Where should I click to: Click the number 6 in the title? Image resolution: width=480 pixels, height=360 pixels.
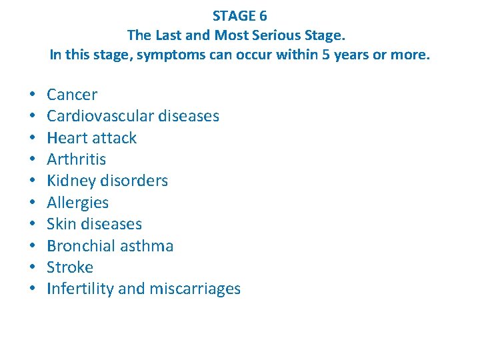pyautogui.click(x=263, y=16)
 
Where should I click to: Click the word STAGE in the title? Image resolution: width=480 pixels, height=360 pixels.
pyautogui.click(x=234, y=16)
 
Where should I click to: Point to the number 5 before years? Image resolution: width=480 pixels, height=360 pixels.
pyautogui.click(x=326, y=55)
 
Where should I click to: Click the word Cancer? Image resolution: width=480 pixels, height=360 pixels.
pyautogui.click(x=72, y=95)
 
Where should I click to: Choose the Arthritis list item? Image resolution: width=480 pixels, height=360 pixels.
pyautogui.click(x=77, y=159)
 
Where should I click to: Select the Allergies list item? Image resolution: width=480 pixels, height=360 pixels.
pyautogui.click(x=77, y=203)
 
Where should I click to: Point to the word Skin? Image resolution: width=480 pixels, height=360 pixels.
pyautogui.click(x=61, y=224)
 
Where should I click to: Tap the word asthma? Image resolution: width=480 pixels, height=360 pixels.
pyautogui.click(x=147, y=246)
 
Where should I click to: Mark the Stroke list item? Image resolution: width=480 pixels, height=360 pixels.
pyautogui.click(x=70, y=267)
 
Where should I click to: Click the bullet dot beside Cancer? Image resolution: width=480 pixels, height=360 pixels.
pyautogui.click(x=33, y=95)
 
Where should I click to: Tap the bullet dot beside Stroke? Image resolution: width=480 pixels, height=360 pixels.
pyautogui.click(x=33, y=268)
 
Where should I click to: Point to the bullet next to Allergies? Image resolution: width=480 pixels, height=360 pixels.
pyautogui.click(x=33, y=203)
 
